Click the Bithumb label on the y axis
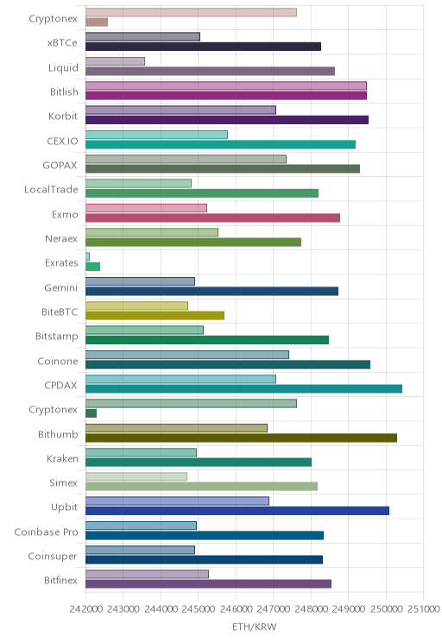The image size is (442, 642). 58,434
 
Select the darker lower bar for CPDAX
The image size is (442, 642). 243,389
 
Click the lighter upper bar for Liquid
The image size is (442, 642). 115,61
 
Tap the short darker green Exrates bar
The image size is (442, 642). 92,267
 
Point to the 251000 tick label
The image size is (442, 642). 423,609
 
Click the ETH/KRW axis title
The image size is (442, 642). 255,626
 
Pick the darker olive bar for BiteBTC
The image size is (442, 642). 155,315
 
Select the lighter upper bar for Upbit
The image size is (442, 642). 177,500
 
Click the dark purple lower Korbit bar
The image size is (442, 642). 227,120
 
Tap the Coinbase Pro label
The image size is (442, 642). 46,532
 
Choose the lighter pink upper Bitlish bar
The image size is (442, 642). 226,85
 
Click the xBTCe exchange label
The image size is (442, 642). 62,43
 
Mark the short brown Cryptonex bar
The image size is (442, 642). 97,22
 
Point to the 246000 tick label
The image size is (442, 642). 236,609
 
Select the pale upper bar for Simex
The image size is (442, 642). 136,476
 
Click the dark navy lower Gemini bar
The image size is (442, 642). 212,291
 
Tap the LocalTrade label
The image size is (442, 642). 51,190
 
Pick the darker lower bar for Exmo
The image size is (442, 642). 212,217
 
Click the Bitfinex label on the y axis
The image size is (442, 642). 60,580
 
